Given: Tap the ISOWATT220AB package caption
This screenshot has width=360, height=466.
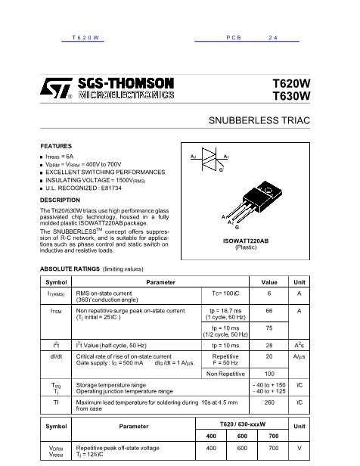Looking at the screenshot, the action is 246,241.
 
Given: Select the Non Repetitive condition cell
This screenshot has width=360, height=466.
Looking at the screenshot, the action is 225,374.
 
